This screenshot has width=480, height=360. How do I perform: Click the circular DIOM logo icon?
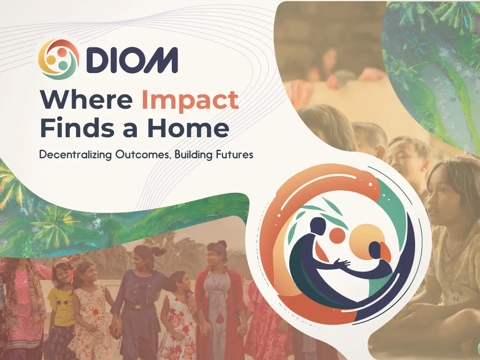pos(58,59)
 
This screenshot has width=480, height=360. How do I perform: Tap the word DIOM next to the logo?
pos(132,60)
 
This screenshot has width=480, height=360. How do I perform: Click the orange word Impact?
pos(190,100)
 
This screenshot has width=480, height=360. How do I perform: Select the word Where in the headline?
pos(87,100)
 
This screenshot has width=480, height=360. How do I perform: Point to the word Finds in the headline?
pos(77,128)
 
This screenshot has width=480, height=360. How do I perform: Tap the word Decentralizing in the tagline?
pos(75,155)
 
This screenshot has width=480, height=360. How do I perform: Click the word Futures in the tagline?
pos(235,154)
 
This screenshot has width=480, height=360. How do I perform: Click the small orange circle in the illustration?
pos(337,235)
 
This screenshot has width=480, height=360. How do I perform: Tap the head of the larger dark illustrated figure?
pos(318,225)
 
